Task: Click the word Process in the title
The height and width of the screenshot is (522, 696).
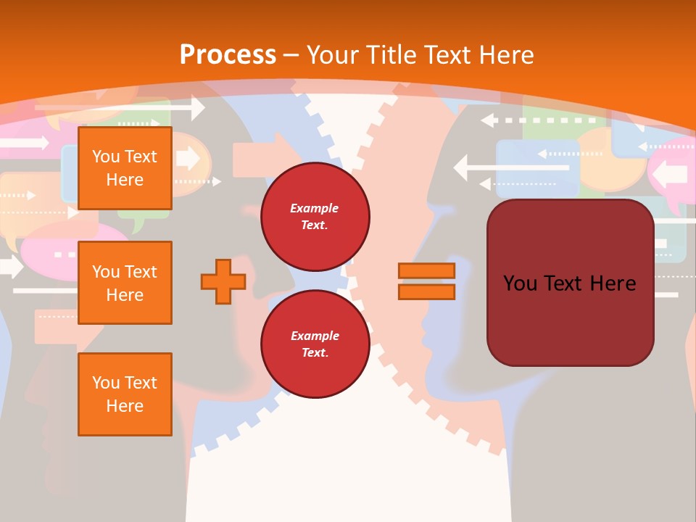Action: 228,54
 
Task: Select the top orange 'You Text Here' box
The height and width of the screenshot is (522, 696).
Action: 125,168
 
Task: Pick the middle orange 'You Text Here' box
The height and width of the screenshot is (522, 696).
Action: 125,283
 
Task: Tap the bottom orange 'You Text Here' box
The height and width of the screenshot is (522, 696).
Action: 125,394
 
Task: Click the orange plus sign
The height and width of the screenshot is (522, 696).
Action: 223,282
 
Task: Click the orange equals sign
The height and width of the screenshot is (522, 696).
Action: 426,281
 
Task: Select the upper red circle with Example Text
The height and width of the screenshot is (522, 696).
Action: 315,217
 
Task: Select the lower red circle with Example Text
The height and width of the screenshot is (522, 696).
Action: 315,344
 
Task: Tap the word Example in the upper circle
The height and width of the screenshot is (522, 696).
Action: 315,208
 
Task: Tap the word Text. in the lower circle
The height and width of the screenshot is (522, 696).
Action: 315,353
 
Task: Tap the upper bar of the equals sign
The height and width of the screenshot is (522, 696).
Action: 426,270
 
